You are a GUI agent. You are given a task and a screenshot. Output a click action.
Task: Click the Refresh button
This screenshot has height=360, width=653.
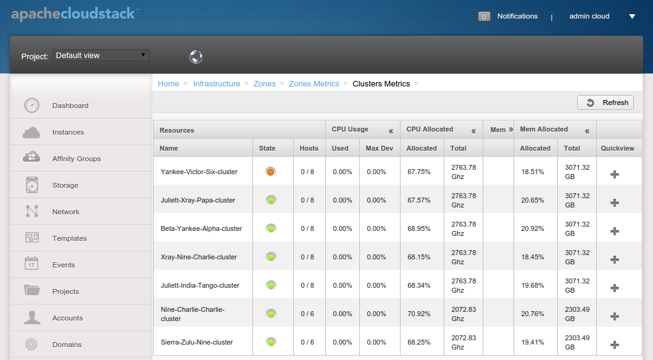(x=605, y=103)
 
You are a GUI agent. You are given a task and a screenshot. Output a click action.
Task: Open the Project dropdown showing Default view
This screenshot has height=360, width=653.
(x=101, y=56)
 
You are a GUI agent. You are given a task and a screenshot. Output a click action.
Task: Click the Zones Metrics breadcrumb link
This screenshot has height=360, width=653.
(x=314, y=84)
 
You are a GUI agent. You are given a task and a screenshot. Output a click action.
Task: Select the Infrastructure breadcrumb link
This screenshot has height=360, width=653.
(x=217, y=84)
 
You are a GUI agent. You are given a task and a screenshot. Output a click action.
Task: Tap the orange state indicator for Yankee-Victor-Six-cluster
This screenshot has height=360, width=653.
(x=271, y=172)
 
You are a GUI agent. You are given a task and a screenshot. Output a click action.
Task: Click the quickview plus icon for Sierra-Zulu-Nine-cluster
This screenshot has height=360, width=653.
(x=615, y=345)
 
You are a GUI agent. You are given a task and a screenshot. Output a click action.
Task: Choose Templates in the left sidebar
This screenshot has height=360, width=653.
(x=70, y=238)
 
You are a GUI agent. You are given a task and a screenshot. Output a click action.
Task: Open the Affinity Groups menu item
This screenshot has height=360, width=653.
(x=77, y=159)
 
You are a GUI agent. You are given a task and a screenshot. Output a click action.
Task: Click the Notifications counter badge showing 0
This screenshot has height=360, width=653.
(x=484, y=17)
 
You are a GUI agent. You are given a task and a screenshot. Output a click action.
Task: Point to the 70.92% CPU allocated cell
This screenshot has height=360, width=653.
(x=419, y=314)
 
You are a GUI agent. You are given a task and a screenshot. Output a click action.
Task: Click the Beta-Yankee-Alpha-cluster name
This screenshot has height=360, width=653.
(x=201, y=228)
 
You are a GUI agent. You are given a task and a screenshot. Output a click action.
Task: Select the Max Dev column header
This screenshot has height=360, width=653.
(x=380, y=148)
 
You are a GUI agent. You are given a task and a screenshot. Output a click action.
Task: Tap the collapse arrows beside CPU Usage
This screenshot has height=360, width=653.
(x=391, y=132)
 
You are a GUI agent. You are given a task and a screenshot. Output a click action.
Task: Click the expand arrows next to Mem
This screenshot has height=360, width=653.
(x=510, y=130)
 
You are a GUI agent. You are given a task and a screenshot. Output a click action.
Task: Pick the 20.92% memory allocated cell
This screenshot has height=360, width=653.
(x=533, y=228)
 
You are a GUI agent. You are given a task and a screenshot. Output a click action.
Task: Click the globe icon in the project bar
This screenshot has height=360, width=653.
(x=196, y=56)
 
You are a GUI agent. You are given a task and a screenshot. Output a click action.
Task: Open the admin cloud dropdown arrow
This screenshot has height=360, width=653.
(x=632, y=17)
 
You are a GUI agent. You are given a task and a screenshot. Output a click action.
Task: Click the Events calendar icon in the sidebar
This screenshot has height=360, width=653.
(x=31, y=263)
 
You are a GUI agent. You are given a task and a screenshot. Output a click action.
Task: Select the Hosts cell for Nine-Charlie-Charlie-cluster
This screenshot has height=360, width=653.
(x=307, y=314)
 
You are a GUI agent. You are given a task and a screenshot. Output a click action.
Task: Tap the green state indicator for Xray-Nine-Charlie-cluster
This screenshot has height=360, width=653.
(x=271, y=257)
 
